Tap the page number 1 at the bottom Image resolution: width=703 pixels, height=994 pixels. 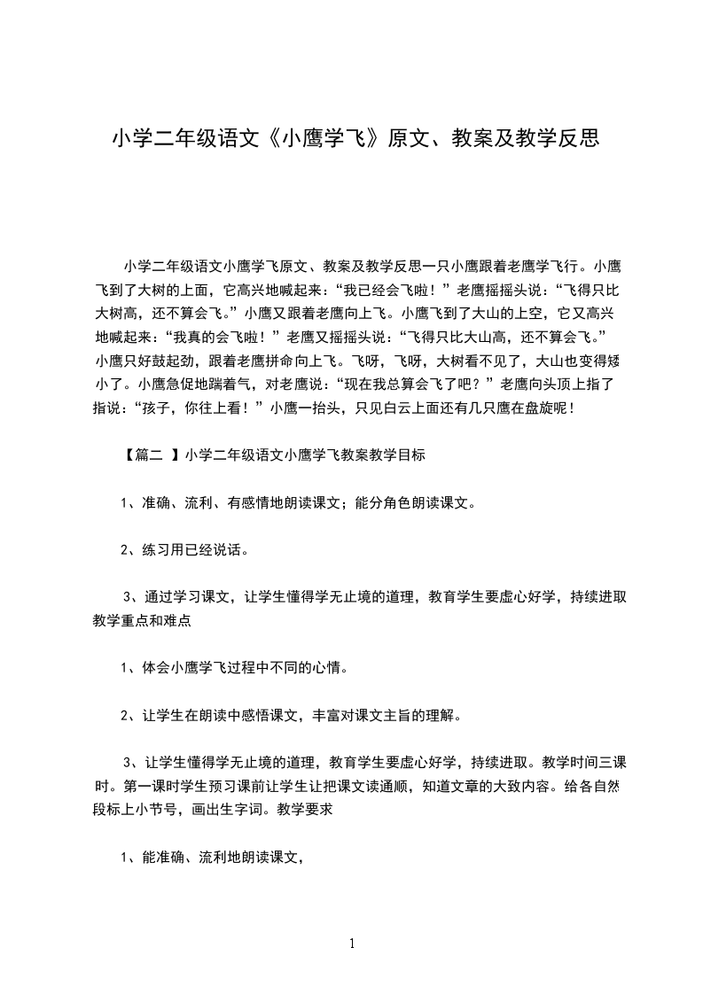pos(352,944)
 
